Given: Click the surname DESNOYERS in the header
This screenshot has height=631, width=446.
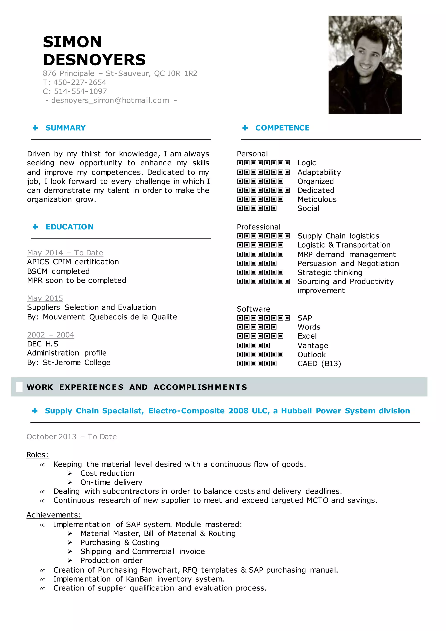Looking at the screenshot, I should [94, 60].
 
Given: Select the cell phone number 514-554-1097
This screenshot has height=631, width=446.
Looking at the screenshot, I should [80, 91].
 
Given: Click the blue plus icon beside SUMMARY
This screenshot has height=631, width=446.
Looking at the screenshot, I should [35, 128].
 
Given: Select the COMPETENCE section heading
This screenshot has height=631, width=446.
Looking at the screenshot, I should [282, 128].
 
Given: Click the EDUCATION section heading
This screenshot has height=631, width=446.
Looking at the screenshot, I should [69, 227].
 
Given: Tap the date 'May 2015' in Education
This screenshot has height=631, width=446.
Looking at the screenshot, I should [45, 298].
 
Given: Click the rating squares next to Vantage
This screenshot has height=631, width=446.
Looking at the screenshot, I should [253, 345].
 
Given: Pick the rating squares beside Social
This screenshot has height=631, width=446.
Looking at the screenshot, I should [257, 208].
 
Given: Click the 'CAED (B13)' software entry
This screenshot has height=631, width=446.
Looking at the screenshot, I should [319, 364].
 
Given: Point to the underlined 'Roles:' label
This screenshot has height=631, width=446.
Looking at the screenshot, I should [37, 455].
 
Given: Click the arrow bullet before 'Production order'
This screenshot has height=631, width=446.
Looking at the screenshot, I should [70, 560].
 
